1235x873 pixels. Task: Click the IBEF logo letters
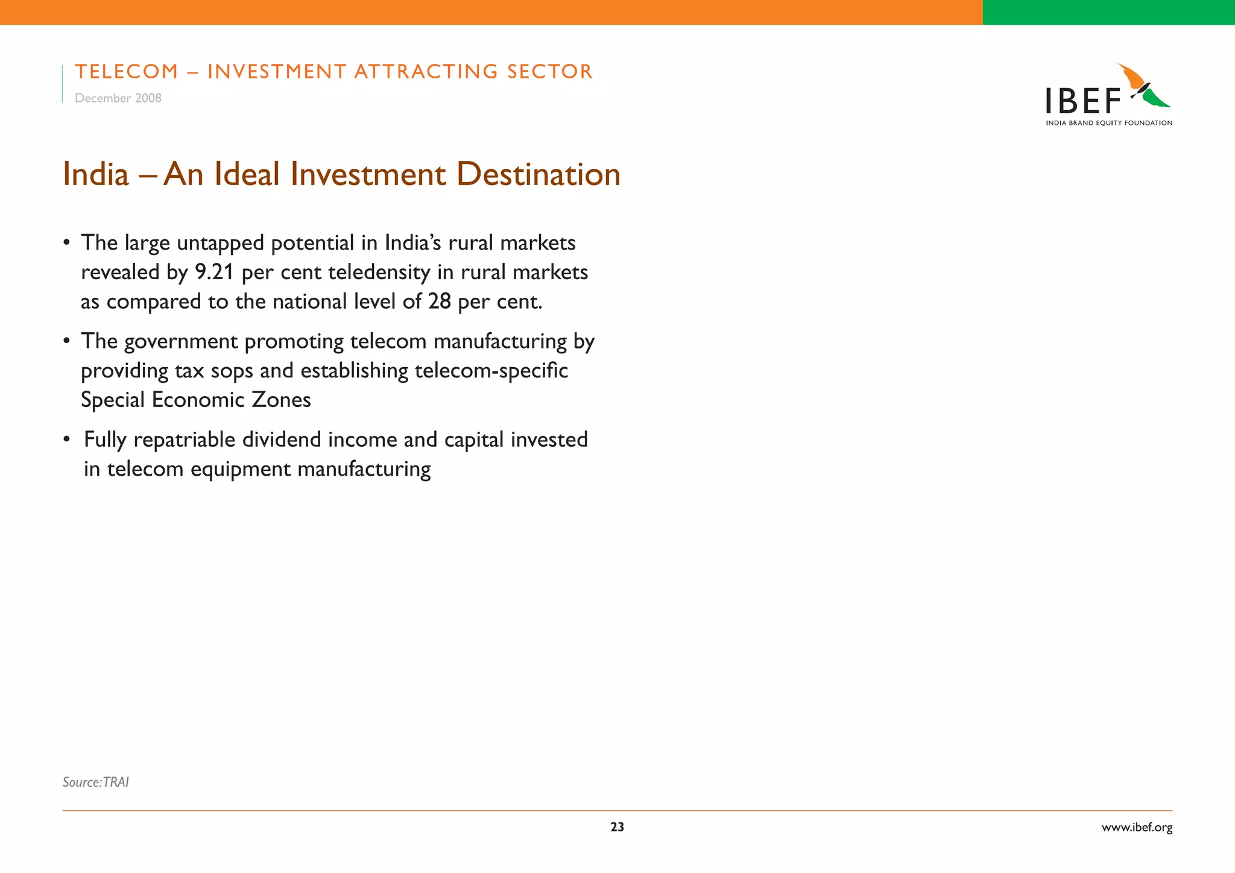[1083, 101]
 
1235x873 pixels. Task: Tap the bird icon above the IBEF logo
[1143, 87]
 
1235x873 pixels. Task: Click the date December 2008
[118, 98]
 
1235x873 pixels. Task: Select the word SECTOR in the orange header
[550, 72]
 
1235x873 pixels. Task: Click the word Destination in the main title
[538, 175]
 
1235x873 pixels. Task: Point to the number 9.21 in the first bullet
[214, 273]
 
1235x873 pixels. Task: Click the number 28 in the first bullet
[440, 301]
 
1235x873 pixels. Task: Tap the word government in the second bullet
[182, 342]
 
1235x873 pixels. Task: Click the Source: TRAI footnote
[96, 782]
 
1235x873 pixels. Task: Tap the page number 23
[617, 827]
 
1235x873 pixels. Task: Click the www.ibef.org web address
[1137, 828]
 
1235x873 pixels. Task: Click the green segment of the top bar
[1108, 12]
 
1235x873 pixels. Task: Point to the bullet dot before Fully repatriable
[68, 440]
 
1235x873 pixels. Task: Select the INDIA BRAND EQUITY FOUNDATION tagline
[1109, 123]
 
